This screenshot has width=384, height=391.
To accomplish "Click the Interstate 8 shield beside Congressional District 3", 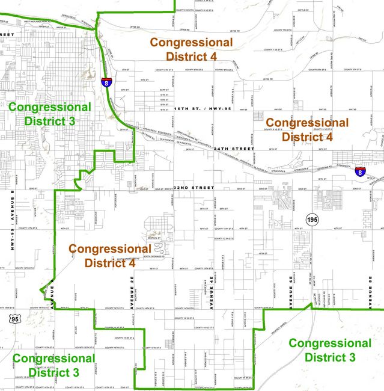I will click(x=106, y=82).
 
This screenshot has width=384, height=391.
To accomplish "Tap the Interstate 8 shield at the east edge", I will click(x=359, y=172).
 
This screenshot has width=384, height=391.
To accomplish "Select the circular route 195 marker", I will click(x=311, y=220).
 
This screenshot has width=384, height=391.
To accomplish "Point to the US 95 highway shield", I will click(x=14, y=319).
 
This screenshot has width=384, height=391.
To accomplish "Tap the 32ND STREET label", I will click(x=194, y=188).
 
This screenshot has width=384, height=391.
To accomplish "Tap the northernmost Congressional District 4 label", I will click(x=191, y=49).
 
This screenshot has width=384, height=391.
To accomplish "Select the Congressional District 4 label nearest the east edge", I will click(x=306, y=129).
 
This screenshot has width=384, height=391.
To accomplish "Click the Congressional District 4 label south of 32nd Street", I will click(x=109, y=255).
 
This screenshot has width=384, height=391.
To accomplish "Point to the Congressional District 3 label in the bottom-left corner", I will click(x=53, y=365).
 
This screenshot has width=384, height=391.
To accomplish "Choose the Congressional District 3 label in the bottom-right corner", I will click(x=330, y=350).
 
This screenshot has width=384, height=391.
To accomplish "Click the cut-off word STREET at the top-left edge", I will click(x=7, y=34).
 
